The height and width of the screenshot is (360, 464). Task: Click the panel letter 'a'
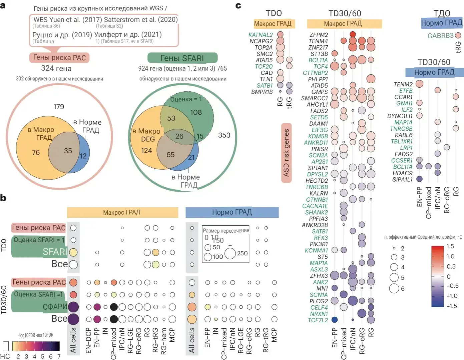[3, 5]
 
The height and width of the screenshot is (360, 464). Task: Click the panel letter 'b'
[3, 198]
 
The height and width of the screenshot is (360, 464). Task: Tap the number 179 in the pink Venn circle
[59, 107]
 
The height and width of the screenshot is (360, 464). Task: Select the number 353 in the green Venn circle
[224, 135]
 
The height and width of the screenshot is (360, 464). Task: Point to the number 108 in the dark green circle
[196, 112]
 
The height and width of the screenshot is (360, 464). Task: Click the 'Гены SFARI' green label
[182, 58]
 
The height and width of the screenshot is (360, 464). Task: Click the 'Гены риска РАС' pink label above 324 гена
[59, 57]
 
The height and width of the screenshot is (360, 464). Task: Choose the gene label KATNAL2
[261, 35]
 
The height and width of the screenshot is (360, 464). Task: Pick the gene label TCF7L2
[318, 320]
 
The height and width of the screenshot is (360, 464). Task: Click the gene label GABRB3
[440, 36]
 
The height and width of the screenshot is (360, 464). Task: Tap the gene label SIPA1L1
[402, 180]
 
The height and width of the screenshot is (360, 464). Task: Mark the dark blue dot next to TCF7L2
[334, 320]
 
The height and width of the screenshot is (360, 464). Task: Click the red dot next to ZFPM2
[353, 34]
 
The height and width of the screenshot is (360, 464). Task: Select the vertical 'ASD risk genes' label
[286, 153]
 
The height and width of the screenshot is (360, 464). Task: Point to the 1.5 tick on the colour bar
[450, 246]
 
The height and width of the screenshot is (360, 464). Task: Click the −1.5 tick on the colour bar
[452, 306]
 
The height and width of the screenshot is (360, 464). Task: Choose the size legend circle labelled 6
[394, 288]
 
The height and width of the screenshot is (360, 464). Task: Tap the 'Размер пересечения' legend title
[226, 231]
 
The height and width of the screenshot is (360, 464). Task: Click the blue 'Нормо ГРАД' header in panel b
[232, 212]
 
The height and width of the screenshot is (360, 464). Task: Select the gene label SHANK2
[317, 212]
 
